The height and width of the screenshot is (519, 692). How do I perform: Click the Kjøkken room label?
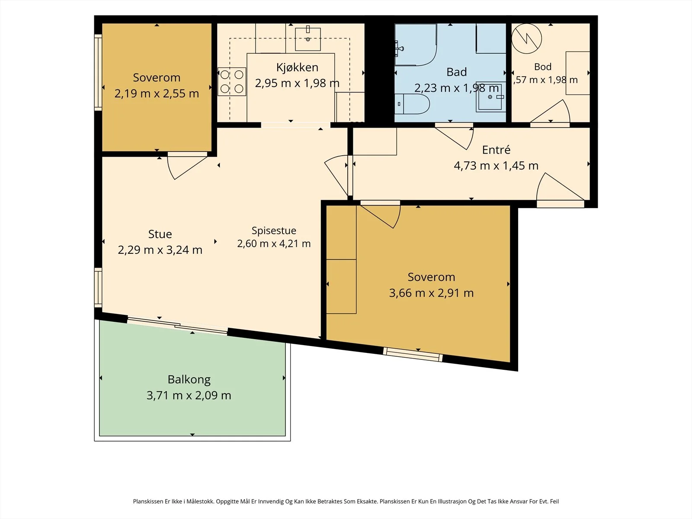pos(297,68)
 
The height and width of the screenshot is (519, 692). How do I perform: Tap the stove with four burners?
pos(232,82)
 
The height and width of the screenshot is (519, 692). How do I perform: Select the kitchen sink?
pos(308,39)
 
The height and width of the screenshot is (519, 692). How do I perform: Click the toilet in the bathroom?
pos(412,104)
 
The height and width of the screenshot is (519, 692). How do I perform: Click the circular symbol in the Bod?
pos(526,38)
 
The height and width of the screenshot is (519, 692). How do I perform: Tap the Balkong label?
pos(189,380)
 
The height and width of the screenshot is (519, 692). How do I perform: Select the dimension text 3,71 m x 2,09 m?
pos(189,395)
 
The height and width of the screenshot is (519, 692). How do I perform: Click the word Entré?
pos(496,150)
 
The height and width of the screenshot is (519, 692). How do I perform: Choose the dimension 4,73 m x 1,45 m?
pos(496,166)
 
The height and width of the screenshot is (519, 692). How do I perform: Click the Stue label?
pos(160,234)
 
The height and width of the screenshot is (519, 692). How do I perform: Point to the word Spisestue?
pos(274,231)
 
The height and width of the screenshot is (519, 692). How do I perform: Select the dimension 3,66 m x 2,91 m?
pos(431,293)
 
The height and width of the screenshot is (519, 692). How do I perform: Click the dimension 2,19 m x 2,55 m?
pos(157,93)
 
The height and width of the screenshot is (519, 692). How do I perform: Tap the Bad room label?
pos(456,72)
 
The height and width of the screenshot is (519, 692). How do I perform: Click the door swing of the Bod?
pos(551,112)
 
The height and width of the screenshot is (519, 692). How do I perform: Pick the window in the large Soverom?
pos(413,355)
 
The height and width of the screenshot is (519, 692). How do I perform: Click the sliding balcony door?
pos(177,325)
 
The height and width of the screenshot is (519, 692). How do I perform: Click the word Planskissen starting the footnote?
pos(148,501)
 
